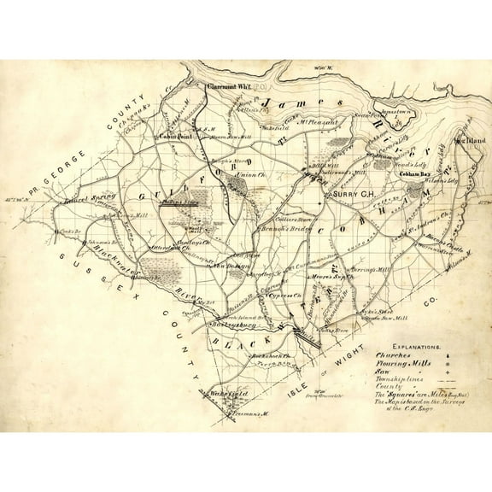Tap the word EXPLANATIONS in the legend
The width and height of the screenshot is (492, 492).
pos(407,348)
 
